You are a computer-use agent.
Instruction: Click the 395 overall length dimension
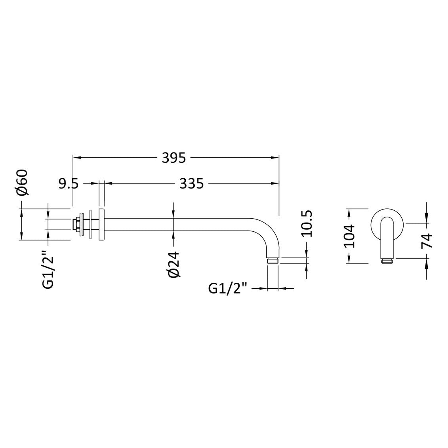[174, 158]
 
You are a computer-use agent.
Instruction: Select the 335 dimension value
[191, 183]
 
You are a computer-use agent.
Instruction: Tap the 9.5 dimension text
[68, 184]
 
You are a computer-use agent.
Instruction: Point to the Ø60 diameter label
[22, 183]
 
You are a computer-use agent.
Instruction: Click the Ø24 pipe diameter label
[174, 264]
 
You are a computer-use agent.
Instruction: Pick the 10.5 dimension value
[307, 224]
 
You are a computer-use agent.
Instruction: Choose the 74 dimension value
[427, 241]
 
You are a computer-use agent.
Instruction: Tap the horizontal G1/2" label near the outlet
[227, 288]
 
